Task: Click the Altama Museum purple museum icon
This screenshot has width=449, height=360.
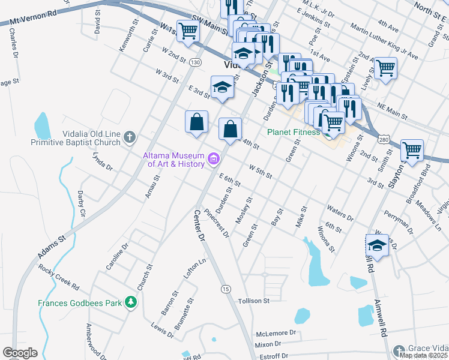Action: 213,159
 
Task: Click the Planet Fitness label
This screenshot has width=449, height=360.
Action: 293,132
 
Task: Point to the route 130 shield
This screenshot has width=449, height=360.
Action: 194,62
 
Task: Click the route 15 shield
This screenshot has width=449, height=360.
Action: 226,289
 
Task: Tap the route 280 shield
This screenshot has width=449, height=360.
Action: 384,139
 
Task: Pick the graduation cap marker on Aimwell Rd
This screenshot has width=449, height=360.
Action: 377,246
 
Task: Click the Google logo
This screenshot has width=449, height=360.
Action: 20,353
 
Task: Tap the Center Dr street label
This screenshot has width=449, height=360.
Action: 199,225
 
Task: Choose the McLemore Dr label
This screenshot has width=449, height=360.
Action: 276,332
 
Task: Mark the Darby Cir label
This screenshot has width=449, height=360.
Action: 82,204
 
